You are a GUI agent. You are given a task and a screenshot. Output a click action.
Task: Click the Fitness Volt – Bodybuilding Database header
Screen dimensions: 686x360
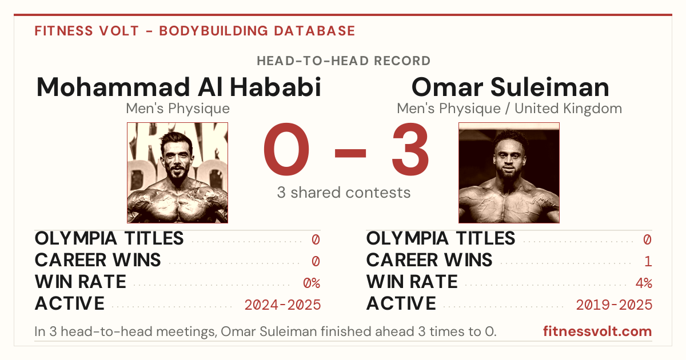coord(195,31)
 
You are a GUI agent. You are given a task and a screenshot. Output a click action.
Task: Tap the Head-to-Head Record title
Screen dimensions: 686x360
coord(344,61)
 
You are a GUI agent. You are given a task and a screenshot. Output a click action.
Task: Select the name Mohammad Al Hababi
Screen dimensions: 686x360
coord(178,87)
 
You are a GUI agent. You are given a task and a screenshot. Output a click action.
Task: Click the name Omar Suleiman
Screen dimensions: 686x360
coord(510,87)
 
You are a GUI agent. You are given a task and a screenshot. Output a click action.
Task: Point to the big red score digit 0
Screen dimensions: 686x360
coord(286,149)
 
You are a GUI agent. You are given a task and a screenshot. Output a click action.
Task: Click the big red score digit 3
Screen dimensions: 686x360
coord(410,149)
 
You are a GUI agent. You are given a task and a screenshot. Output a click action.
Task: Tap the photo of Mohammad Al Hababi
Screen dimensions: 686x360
coord(178,173)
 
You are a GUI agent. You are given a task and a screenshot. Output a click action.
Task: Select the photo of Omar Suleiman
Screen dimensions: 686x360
coord(509,173)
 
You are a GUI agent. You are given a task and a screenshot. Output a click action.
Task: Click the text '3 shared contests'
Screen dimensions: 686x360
coord(344,193)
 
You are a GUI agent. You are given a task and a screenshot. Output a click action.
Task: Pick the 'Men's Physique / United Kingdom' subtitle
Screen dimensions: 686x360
coord(509,109)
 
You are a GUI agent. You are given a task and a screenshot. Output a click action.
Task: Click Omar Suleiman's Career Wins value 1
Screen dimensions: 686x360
coord(648,262)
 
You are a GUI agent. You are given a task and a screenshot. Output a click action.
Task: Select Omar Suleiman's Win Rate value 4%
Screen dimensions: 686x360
coord(644,283)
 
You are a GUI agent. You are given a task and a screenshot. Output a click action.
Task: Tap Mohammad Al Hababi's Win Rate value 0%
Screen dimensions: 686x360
coord(312,283)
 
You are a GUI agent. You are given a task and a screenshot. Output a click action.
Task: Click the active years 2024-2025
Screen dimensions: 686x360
coord(282,305)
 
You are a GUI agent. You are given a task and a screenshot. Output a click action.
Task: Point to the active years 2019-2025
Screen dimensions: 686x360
coord(614,305)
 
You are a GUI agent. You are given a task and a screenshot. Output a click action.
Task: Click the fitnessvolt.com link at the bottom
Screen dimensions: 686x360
coord(597,331)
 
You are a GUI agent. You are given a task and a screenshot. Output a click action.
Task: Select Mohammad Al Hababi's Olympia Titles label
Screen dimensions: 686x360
coord(109,238)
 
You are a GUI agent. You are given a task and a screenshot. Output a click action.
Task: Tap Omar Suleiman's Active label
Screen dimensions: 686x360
coord(401,303)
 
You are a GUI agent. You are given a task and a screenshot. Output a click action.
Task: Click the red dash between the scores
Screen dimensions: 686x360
coord(350,153)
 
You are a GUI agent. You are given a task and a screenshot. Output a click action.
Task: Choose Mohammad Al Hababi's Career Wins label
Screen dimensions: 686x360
coord(98,260)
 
